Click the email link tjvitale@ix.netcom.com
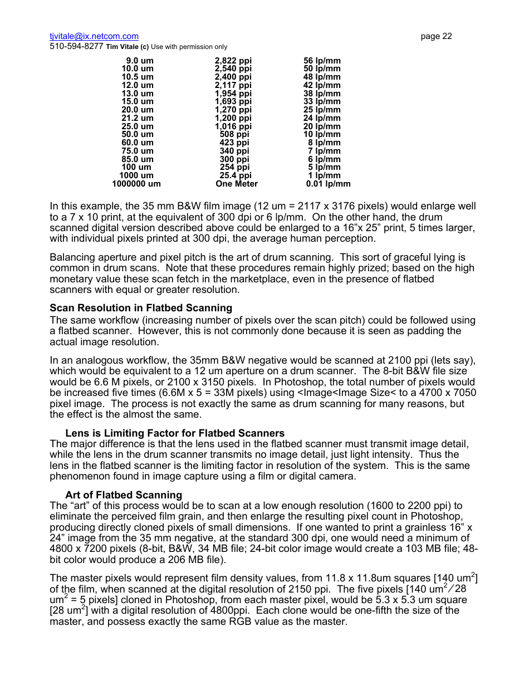point(94,36)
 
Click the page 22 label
point(436,36)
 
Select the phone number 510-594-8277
point(76,47)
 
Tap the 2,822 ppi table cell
point(233,61)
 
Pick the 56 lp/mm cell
point(322,61)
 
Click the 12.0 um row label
point(138,85)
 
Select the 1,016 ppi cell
point(233,126)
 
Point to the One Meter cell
point(237,184)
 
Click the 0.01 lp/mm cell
point(328,184)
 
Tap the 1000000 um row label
point(136,184)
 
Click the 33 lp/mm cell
point(322,101)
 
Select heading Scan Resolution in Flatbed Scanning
point(141,308)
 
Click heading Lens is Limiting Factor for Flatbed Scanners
point(175,433)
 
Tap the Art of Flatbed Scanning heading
point(124,495)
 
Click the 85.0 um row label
point(138,159)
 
